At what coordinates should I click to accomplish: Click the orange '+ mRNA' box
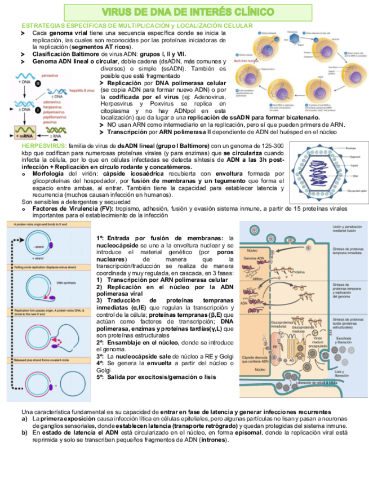point(24,136)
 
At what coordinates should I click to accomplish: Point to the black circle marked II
point(38,83)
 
